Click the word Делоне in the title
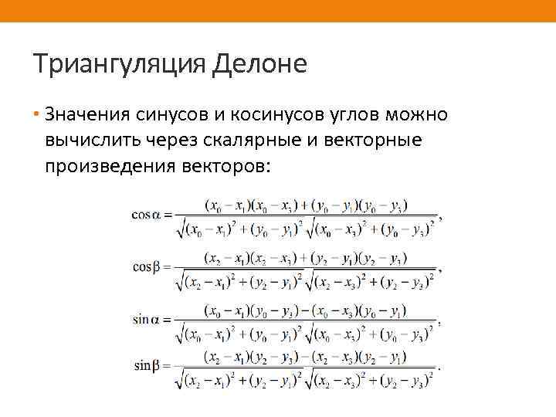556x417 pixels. click(258, 63)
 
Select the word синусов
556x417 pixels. click(172, 115)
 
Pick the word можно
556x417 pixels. click(418, 115)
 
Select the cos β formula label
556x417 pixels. click(146, 267)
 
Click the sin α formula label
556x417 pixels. click(146, 319)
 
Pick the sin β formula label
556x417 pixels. click(146, 364)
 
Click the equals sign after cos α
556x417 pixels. click(168, 215)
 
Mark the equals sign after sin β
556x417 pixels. click(168, 364)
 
